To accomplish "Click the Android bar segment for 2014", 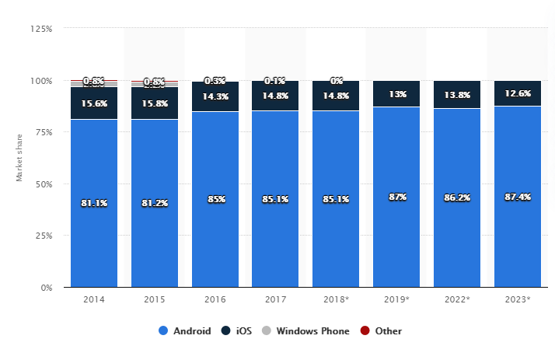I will pos(94,233).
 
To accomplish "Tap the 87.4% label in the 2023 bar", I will pos(517,197).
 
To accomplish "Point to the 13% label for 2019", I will pos(396,94).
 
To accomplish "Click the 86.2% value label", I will pos(457,198).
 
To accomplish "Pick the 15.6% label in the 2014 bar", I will pos(94,103).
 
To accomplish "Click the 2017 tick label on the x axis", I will pos(275,299).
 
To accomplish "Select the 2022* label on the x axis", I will pos(457,299).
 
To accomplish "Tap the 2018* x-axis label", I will pos(336,299).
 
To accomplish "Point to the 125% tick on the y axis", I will pos(41,29).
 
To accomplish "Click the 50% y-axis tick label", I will pos(44,184).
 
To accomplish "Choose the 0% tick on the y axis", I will pos(46,288).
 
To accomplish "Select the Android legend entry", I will pos(185,330).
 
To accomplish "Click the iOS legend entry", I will pos(239,330).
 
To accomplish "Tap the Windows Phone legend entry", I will pos(309,330).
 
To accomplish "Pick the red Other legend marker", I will pos(365,330).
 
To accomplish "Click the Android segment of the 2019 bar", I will pos(396,233).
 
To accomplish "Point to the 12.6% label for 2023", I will pos(517,94).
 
